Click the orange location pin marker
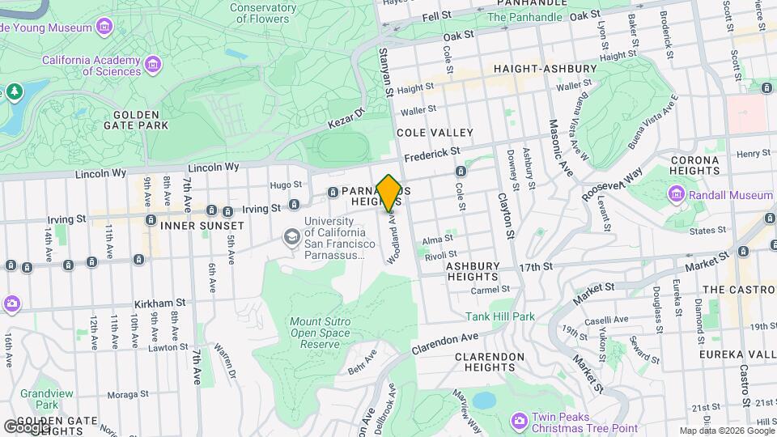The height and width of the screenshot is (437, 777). (388, 193)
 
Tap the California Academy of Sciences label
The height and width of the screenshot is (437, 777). (91, 66)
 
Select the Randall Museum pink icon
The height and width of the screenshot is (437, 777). (676, 195)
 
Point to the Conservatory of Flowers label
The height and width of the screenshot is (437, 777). (250, 13)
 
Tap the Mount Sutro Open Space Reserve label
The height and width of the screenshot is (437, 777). (315, 333)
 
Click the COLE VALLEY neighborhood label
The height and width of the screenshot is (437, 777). (434, 132)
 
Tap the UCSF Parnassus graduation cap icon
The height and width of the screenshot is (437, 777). (291, 236)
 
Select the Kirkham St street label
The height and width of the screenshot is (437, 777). (151, 303)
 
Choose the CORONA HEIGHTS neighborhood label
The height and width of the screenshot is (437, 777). (694, 165)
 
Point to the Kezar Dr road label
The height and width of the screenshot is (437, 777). (346, 121)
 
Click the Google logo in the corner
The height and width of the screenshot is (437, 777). (26, 426)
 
